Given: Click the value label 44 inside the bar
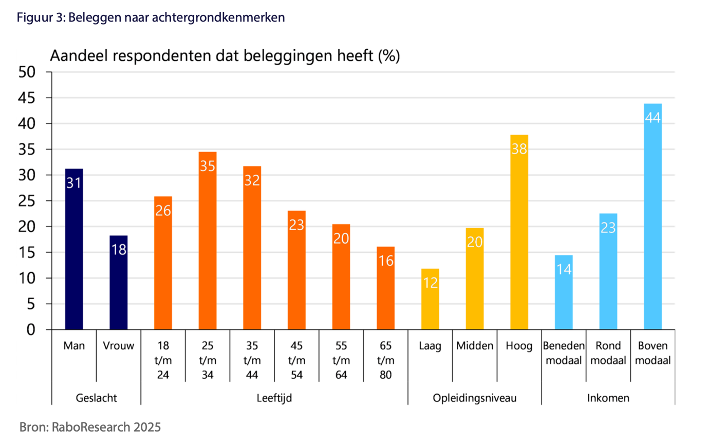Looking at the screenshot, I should (653, 117).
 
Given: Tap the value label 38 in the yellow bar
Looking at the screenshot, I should (519, 149).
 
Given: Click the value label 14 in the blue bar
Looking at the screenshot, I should (564, 269).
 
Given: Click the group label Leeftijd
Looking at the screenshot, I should (274, 398).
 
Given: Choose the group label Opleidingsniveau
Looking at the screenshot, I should (474, 398).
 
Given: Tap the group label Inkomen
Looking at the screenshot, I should (608, 398).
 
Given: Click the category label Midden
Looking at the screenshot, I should (474, 346).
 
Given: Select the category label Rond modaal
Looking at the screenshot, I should (608, 353).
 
